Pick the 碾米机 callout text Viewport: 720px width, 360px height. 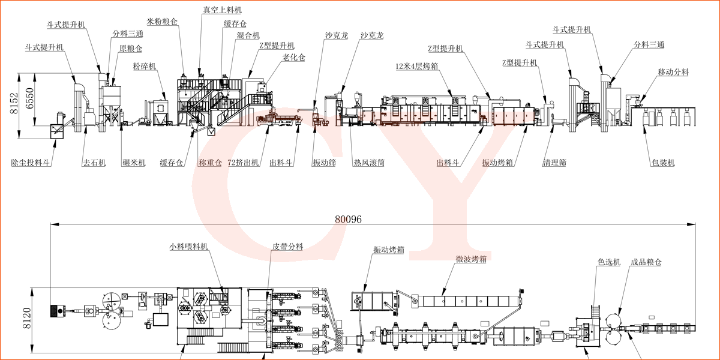(x=134, y=163)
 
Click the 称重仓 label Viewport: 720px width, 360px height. (x=210, y=163)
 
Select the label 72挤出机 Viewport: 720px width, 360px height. (x=243, y=163)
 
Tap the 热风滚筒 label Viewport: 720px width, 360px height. (x=368, y=163)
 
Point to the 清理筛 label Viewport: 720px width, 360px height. (x=554, y=163)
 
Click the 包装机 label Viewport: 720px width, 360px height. (x=663, y=163)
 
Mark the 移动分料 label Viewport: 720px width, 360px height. (x=673, y=72)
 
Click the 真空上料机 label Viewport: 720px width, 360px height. (x=223, y=10)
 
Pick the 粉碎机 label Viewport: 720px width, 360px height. (x=145, y=66)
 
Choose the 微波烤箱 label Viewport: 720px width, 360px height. (x=470, y=259)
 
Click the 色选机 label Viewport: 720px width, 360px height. (x=608, y=262)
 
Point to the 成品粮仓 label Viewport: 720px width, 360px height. (x=646, y=262)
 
